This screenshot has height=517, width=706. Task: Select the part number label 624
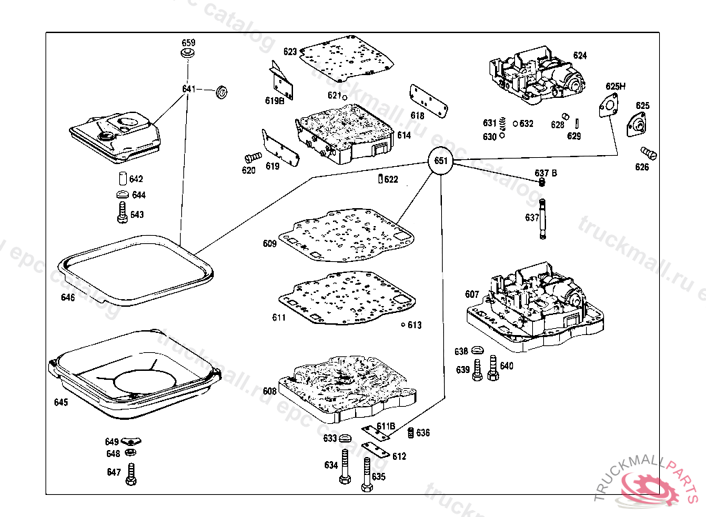[580, 55]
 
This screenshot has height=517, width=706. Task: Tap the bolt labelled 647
[132, 474]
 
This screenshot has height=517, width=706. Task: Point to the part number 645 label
[61, 403]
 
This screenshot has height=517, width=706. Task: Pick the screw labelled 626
[648, 152]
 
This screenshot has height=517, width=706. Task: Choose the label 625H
[616, 86]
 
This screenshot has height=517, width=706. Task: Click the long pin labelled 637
[543, 219]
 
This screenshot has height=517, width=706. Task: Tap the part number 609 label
[269, 243]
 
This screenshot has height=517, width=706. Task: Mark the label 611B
[385, 426]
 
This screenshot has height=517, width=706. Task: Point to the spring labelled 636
[411, 433]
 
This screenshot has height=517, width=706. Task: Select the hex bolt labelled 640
[492, 367]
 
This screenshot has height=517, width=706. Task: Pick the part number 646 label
[68, 298]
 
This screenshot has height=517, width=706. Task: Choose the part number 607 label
[472, 294]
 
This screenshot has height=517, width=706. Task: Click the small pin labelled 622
[381, 180]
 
